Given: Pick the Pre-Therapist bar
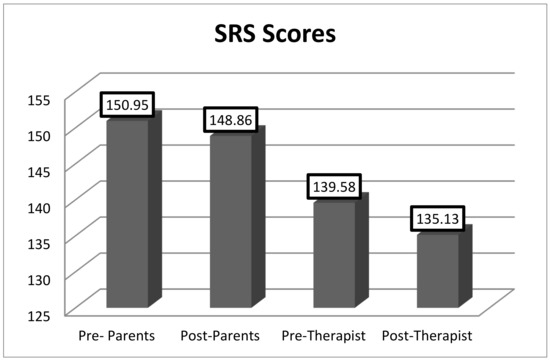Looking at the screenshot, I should [x=334, y=252].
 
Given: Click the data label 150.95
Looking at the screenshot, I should [x=127, y=105].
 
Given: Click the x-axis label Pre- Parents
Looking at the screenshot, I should [x=116, y=334].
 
